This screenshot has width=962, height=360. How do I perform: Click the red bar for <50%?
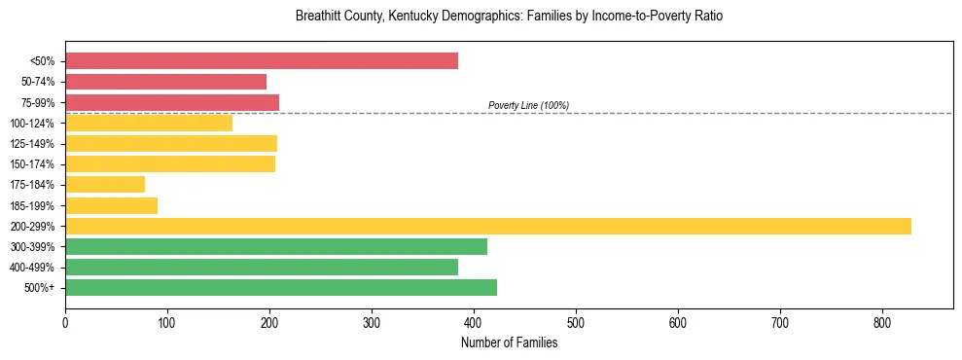click(x=261, y=61)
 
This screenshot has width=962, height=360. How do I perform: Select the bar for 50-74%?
click(x=165, y=82)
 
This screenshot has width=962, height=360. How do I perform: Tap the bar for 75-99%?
click(x=172, y=102)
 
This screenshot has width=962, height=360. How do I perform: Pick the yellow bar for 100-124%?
click(x=149, y=123)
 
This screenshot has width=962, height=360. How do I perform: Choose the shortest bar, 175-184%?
click(x=105, y=184)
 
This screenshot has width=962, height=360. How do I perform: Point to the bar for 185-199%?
click(x=111, y=205)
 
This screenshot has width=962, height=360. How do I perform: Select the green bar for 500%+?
click(x=281, y=287)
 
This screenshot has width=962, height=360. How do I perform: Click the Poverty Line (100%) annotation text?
click(x=528, y=105)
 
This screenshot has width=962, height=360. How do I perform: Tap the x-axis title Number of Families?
click(x=509, y=342)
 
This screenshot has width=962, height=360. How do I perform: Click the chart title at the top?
click(x=509, y=17)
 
